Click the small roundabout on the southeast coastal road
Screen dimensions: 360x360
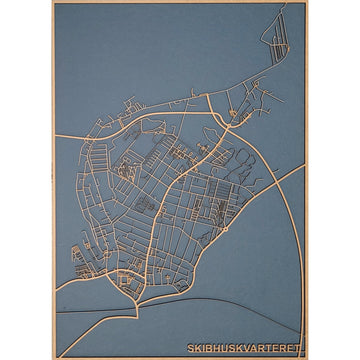[226, 229]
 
